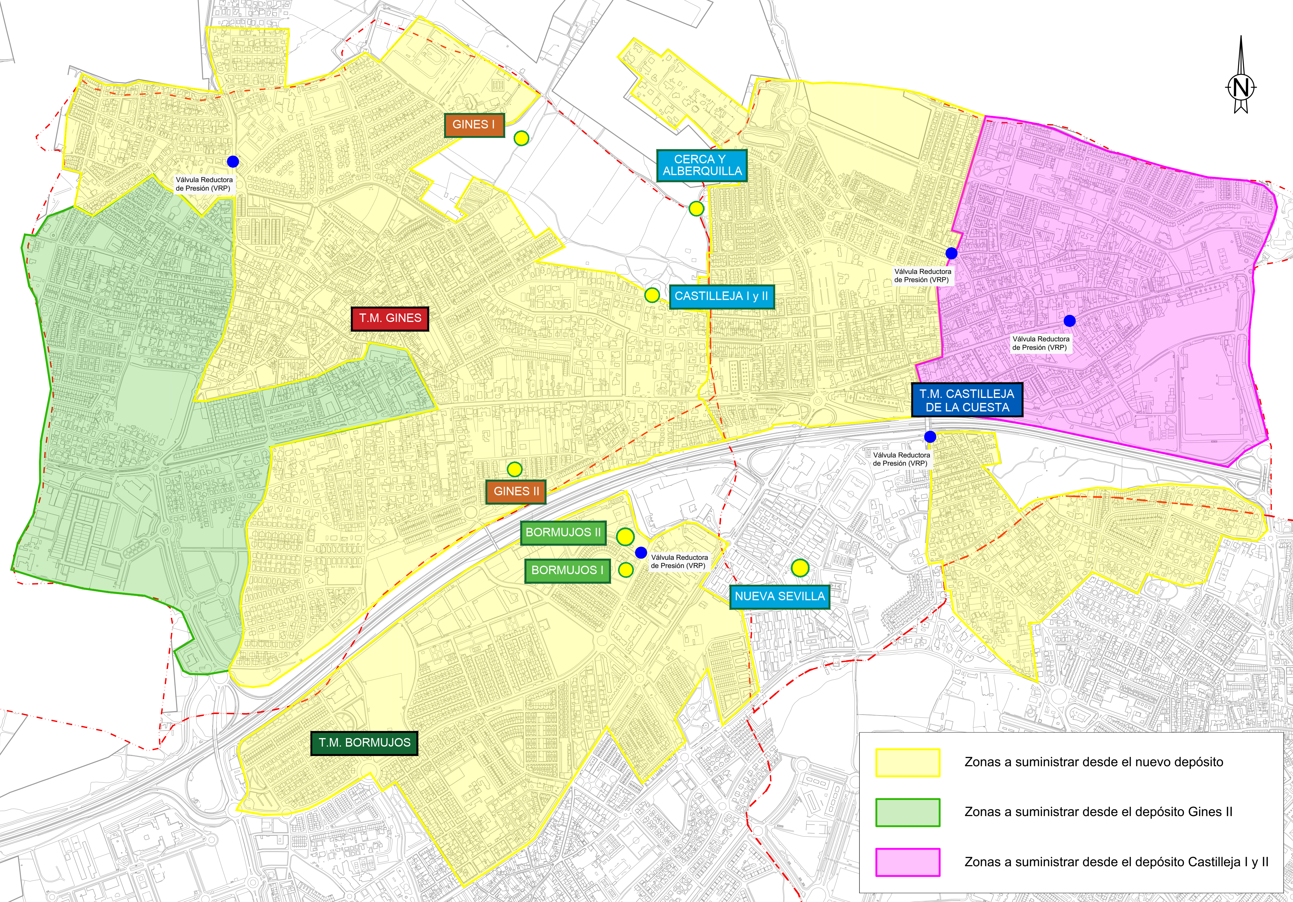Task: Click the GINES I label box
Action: coord(474,125)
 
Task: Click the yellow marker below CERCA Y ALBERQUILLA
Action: coord(696,208)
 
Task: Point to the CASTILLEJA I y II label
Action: coord(721,296)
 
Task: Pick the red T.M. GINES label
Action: coord(390,318)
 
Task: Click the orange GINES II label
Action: coord(516,491)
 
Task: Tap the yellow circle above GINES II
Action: coord(514,469)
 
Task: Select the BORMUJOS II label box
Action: coord(563,533)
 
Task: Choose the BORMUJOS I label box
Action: coord(567,570)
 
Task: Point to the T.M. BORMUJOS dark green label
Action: coord(364,742)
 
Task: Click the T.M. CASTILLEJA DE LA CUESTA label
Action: coord(967,401)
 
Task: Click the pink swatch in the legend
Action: coord(907,862)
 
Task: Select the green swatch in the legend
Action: coord(907,812)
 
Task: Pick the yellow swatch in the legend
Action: coord(907,762)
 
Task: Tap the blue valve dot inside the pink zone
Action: coord(1069,321)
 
